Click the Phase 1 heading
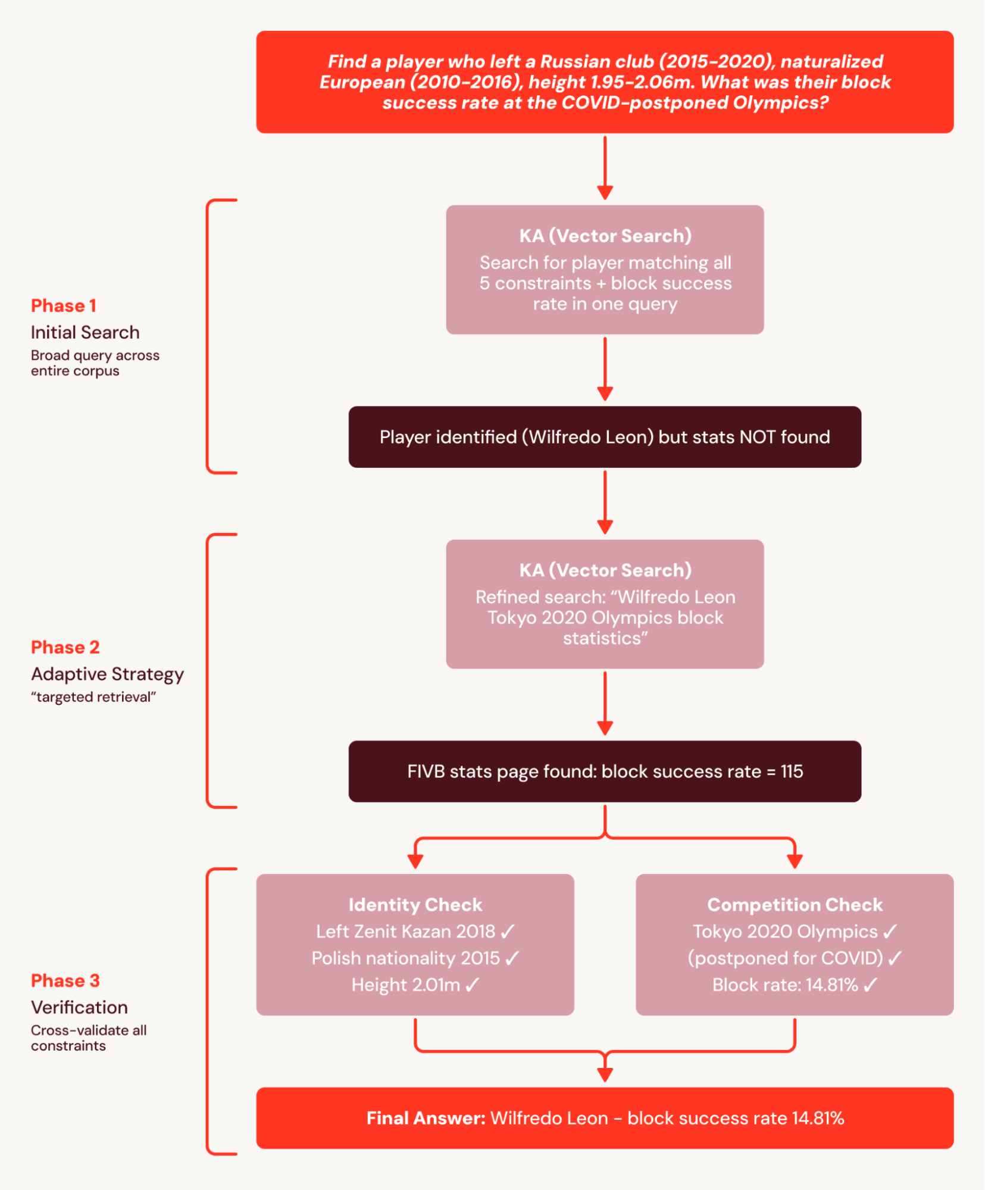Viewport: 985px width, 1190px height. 63,305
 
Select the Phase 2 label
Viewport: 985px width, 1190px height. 65,647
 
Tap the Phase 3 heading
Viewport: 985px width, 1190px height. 65,980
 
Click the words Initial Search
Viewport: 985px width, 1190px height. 85,332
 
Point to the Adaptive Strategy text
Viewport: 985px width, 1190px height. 107,674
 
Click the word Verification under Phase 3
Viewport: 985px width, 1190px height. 79,1007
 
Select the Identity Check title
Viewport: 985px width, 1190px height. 415,905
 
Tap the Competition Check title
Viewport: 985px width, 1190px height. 795,905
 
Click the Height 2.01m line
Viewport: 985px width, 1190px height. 415,985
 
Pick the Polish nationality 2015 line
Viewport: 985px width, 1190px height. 415,958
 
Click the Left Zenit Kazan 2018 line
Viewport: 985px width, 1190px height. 415,932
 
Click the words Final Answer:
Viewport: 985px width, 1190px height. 426,1119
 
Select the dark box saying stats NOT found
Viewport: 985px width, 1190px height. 605,437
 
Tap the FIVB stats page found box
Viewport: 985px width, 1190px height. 605,772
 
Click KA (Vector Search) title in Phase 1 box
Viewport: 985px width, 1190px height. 605,236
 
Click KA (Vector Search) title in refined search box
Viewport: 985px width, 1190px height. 605,570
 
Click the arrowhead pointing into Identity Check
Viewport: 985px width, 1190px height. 415,861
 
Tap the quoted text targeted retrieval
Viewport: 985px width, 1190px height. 93,697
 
